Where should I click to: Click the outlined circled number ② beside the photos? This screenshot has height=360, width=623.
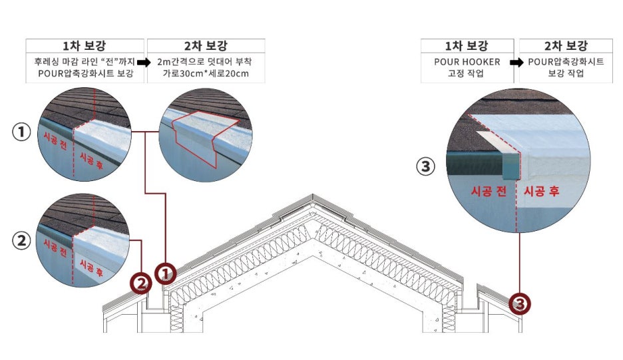pyautogui.click(x=22, y=241)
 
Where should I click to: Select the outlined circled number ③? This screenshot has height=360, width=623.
pyautogui.click(x=425, y=166)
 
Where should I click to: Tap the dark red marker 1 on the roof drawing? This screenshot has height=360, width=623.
pyautogui.click(x=165, y=271)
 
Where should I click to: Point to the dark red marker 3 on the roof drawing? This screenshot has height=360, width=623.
pyautogui.click(x=520, y=303)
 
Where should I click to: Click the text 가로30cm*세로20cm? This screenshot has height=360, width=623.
pyautogui.click(x=206, y=73)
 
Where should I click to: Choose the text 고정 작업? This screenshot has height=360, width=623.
pyautogui.click(x=467, y=73)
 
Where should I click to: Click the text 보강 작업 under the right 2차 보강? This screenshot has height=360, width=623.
pyautogui.click(x=566, y=73)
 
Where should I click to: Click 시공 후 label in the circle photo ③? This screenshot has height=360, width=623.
pyautogui.click(x=542, y=192)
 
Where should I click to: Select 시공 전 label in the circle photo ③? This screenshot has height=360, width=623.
pyautogui.click(x=489, y=192)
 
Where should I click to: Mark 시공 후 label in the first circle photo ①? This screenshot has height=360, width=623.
pyautogui.click(x=91, y=158)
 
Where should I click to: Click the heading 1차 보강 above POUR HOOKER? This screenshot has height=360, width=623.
pyautogui.click(x=467, y=46)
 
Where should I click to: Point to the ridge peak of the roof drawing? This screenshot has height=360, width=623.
pyautogui.click(x=313, y=197)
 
